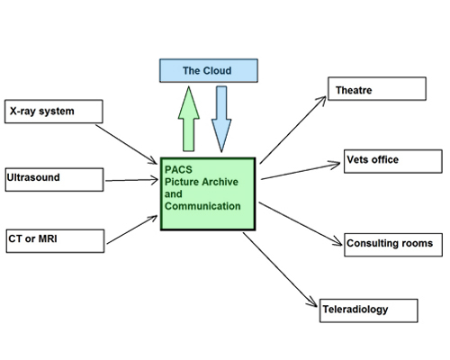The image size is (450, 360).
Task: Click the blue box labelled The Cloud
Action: point(209,70)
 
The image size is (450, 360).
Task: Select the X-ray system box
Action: point(54,112)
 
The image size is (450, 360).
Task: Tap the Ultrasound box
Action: point(54,180)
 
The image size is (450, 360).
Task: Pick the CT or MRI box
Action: point(55,241)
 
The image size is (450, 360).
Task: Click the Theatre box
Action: point(377,89)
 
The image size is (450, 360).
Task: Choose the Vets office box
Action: point(393,161)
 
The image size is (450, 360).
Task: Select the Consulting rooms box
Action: point(393,245)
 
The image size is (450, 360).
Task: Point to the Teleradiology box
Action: point(369,310)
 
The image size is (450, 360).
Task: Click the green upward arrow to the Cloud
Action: point(189,119)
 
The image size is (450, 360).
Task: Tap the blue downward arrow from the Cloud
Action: point(221,119)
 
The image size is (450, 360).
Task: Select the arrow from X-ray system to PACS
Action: point(126,144)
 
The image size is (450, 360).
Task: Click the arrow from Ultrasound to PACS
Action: point(131,180)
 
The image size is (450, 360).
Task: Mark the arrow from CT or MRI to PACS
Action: point(132,229)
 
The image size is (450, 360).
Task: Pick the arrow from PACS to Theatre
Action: point(292,130)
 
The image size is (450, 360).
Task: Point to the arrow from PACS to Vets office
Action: point(301,171)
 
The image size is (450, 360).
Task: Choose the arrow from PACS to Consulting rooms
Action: point(301,224)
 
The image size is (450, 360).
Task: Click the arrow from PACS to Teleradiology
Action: point(280,270)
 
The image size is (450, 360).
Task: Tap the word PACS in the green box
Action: point(178,169)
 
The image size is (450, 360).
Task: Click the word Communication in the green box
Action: point(202,206)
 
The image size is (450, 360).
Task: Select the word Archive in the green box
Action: point(219,182)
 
